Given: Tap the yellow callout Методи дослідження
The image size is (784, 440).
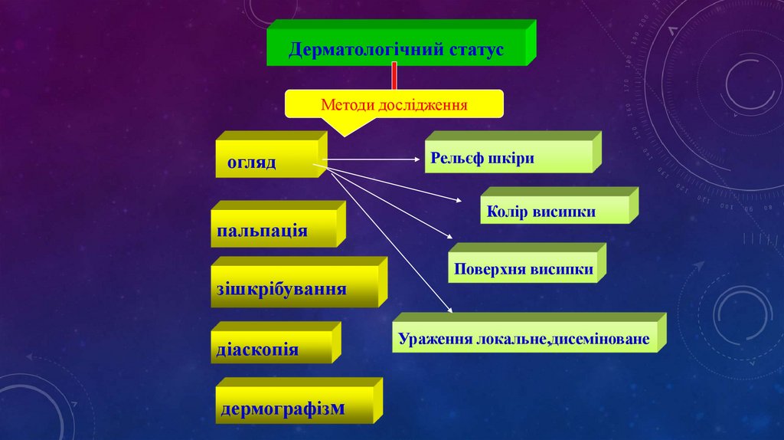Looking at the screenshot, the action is pyautogui.click(x=394, y=103).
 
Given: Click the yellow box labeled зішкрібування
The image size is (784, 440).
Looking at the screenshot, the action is pyautogui.click(x=295, y=288).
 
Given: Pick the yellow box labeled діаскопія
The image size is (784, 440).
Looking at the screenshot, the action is pyautogui.click(x=273, y=349).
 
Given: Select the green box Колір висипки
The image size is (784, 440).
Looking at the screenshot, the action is pyautogui.click(x=556, y=211).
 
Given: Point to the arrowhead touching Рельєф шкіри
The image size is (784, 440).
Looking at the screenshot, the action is pyautogui.click(x=418, y=160).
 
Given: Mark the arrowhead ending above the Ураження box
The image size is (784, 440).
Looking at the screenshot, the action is pyautogui.click(x=449, y=310).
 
